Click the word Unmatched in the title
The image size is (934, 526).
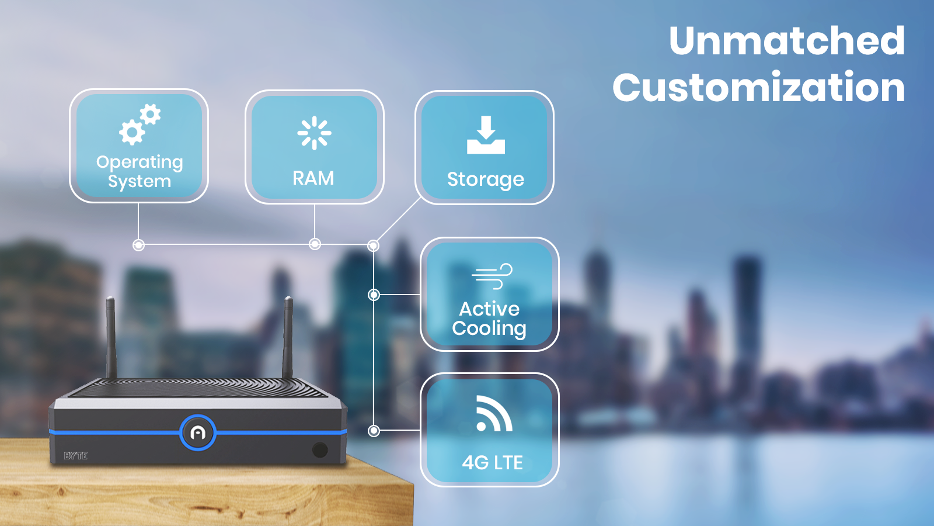click(786, 41)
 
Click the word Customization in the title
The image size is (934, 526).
click(758, 88)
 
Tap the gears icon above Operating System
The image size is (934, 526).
click(140, 124)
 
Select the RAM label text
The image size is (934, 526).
click(313, 178)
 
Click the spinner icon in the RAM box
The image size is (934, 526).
click(314, 133)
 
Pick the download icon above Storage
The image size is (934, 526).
click(486, 135)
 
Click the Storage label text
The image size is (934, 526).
click(486, 179)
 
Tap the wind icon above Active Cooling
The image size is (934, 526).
click(492, 276)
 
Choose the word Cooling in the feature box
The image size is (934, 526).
click(489, 329)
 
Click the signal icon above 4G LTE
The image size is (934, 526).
click(493, 414)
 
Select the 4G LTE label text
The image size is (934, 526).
click(492, 463)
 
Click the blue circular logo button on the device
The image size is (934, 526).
click(198, 433)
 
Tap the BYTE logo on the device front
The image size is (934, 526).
click(75, 456)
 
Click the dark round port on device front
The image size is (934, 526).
click(320, 449)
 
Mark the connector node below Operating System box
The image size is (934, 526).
click(138, 245)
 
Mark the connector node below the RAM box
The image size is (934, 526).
click(315, 244)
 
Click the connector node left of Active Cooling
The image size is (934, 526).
click(374, 295)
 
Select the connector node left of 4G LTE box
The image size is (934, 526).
click(374, 431)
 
